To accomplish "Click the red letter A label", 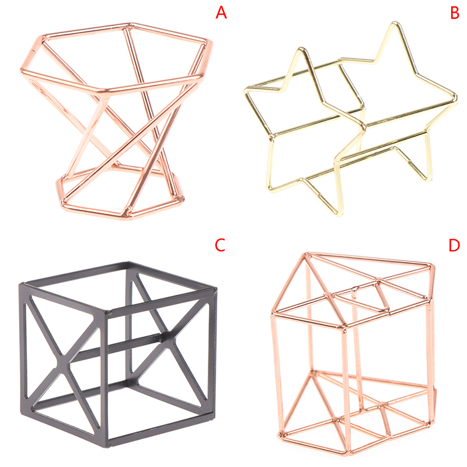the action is (221, 12).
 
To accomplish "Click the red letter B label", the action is (455, 12).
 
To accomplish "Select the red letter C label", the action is (220, 245).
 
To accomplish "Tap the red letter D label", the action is (454, 245).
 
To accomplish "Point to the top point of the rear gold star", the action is (395, 23).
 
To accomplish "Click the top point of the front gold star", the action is (301, 48).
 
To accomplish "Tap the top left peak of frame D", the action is (306, 254).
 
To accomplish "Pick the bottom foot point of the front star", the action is (340, 213).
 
